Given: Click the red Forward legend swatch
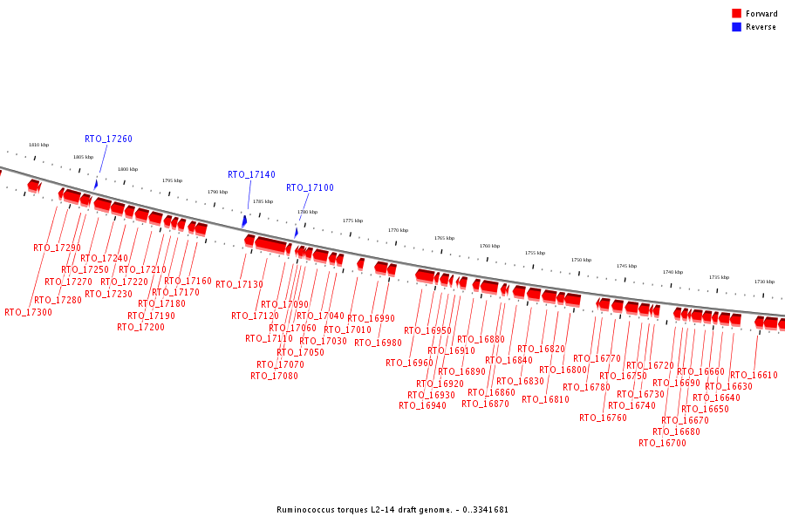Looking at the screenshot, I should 736,14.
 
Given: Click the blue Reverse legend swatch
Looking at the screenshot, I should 736,27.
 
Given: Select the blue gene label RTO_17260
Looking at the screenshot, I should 108,139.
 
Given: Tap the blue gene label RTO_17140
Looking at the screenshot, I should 251,174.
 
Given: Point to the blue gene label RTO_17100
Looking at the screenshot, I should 310,187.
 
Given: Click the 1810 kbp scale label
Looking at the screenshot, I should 38,145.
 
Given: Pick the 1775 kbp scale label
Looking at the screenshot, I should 352,221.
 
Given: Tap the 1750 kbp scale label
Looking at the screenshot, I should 581,260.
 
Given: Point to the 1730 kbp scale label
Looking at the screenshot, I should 764,282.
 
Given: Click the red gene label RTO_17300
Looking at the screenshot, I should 28,312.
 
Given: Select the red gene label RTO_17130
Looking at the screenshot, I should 239,284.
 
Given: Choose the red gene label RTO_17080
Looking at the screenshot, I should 274,376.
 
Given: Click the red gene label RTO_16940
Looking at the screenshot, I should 422,405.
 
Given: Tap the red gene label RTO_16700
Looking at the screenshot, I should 662,443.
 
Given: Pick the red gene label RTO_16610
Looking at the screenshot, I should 754,375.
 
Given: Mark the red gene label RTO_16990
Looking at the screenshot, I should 371,318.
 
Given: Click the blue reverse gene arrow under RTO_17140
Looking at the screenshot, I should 244,221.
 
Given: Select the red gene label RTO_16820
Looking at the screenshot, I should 541,349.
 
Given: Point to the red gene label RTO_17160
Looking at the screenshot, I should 188,281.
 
